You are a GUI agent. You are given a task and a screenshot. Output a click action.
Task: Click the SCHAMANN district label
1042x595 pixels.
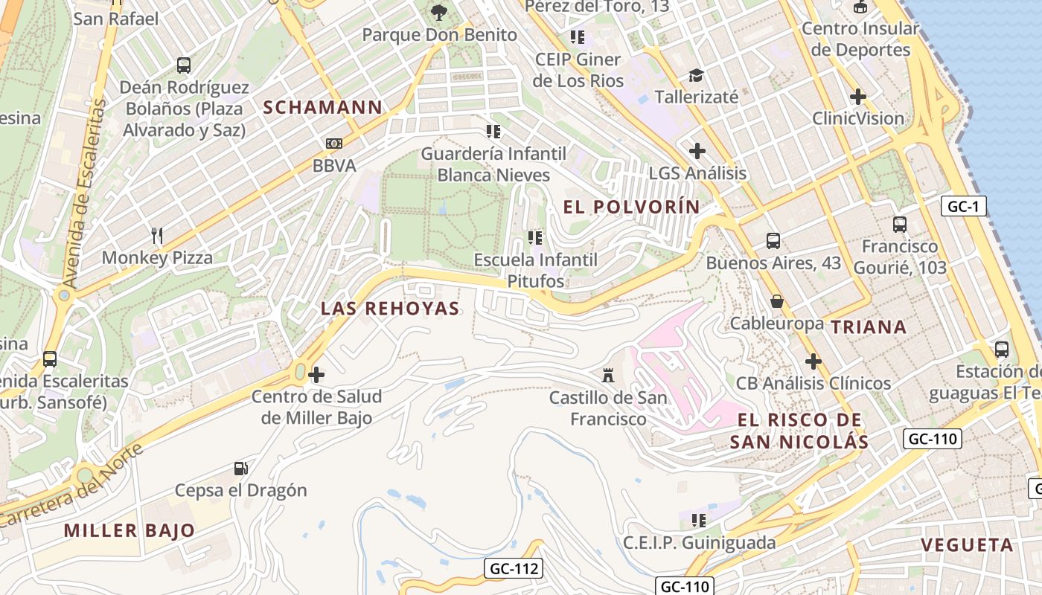[322, 107]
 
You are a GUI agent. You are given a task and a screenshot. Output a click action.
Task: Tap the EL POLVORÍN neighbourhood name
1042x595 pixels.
[632, 207]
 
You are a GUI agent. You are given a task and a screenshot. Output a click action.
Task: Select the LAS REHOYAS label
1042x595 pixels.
[390, 309]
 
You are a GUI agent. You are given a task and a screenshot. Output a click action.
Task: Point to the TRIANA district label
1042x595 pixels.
[869, 327]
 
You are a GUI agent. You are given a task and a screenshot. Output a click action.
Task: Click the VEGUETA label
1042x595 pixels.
[967, 544]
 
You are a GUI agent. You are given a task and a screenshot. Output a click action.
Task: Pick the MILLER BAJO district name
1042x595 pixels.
[130, 530]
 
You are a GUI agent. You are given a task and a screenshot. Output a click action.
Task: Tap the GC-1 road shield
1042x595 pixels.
[963, 206]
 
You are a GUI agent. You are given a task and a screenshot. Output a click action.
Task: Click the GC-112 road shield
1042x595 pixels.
[514, 569]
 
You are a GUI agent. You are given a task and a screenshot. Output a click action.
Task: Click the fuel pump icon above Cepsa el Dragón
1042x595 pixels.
[240, 468]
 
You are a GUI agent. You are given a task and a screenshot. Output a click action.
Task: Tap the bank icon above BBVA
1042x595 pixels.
[334, 143]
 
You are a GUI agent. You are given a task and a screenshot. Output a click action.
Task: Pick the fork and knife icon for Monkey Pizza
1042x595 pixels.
[156, 236]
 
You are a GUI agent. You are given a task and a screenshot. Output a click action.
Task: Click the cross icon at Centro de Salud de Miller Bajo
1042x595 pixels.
[316, 374]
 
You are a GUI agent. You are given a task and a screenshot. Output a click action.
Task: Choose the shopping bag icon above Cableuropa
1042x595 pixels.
[777, 301]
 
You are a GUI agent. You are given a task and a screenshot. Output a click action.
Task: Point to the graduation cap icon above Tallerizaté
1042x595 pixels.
[696, 75]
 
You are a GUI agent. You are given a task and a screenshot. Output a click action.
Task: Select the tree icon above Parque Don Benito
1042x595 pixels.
[439, 12]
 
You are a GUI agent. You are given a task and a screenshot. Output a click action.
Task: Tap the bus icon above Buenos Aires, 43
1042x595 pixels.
[773, 240]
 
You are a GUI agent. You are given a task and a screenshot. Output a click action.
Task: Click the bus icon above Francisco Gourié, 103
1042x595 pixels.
[900, 224]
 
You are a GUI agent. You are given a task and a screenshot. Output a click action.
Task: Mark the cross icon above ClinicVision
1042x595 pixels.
[858, 96]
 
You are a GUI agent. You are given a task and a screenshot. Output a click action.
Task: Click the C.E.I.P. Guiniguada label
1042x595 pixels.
[699, 542]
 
